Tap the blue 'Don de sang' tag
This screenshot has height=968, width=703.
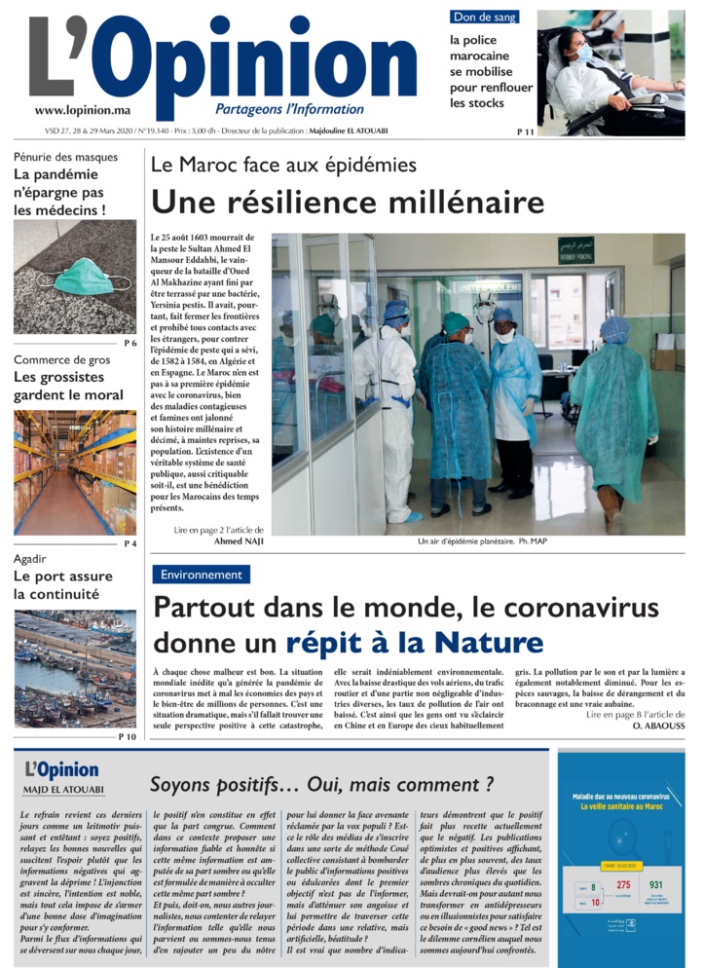click(484, 17)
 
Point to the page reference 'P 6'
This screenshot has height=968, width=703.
click(129, 343)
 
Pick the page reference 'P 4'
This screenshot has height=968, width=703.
click(129, 542)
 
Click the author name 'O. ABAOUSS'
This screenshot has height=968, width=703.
click(659, 726)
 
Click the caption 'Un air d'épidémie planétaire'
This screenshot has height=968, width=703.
click(464, 541)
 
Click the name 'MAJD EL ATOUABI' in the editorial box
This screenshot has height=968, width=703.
click(65, 790)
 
